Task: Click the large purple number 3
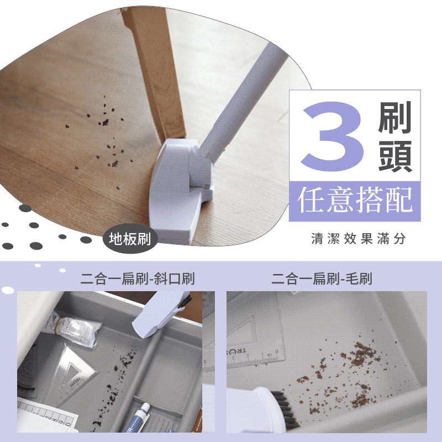pos(333,136)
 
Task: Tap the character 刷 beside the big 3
pos(395,118)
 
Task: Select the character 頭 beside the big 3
pos(395,156)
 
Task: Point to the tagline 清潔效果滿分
pos(358,239)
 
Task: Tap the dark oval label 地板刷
pos(130,239)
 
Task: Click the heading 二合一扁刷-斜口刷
pos(138,278)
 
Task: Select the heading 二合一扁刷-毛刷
pos(322,278)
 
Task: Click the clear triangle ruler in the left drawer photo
pos(73,366)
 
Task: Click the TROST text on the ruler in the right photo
pos(236,351)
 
